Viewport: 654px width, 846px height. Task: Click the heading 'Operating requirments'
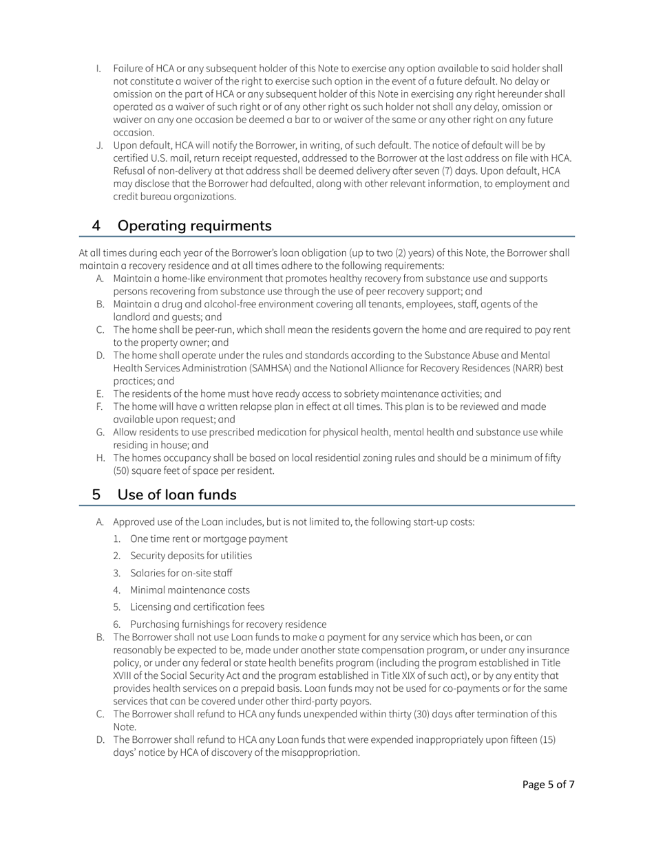click(194, 226)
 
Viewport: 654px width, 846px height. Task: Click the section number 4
click(97, 226)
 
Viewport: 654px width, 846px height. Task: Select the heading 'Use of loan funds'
click(177, 495)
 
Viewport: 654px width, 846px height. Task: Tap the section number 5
click(97, 495)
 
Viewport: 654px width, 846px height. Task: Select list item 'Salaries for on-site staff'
click(180, 573)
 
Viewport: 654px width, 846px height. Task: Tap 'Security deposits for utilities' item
click(191, 556)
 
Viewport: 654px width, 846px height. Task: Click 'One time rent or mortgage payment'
click(209, 539)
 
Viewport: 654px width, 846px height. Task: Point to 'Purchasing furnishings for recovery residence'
click(228, 625)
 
